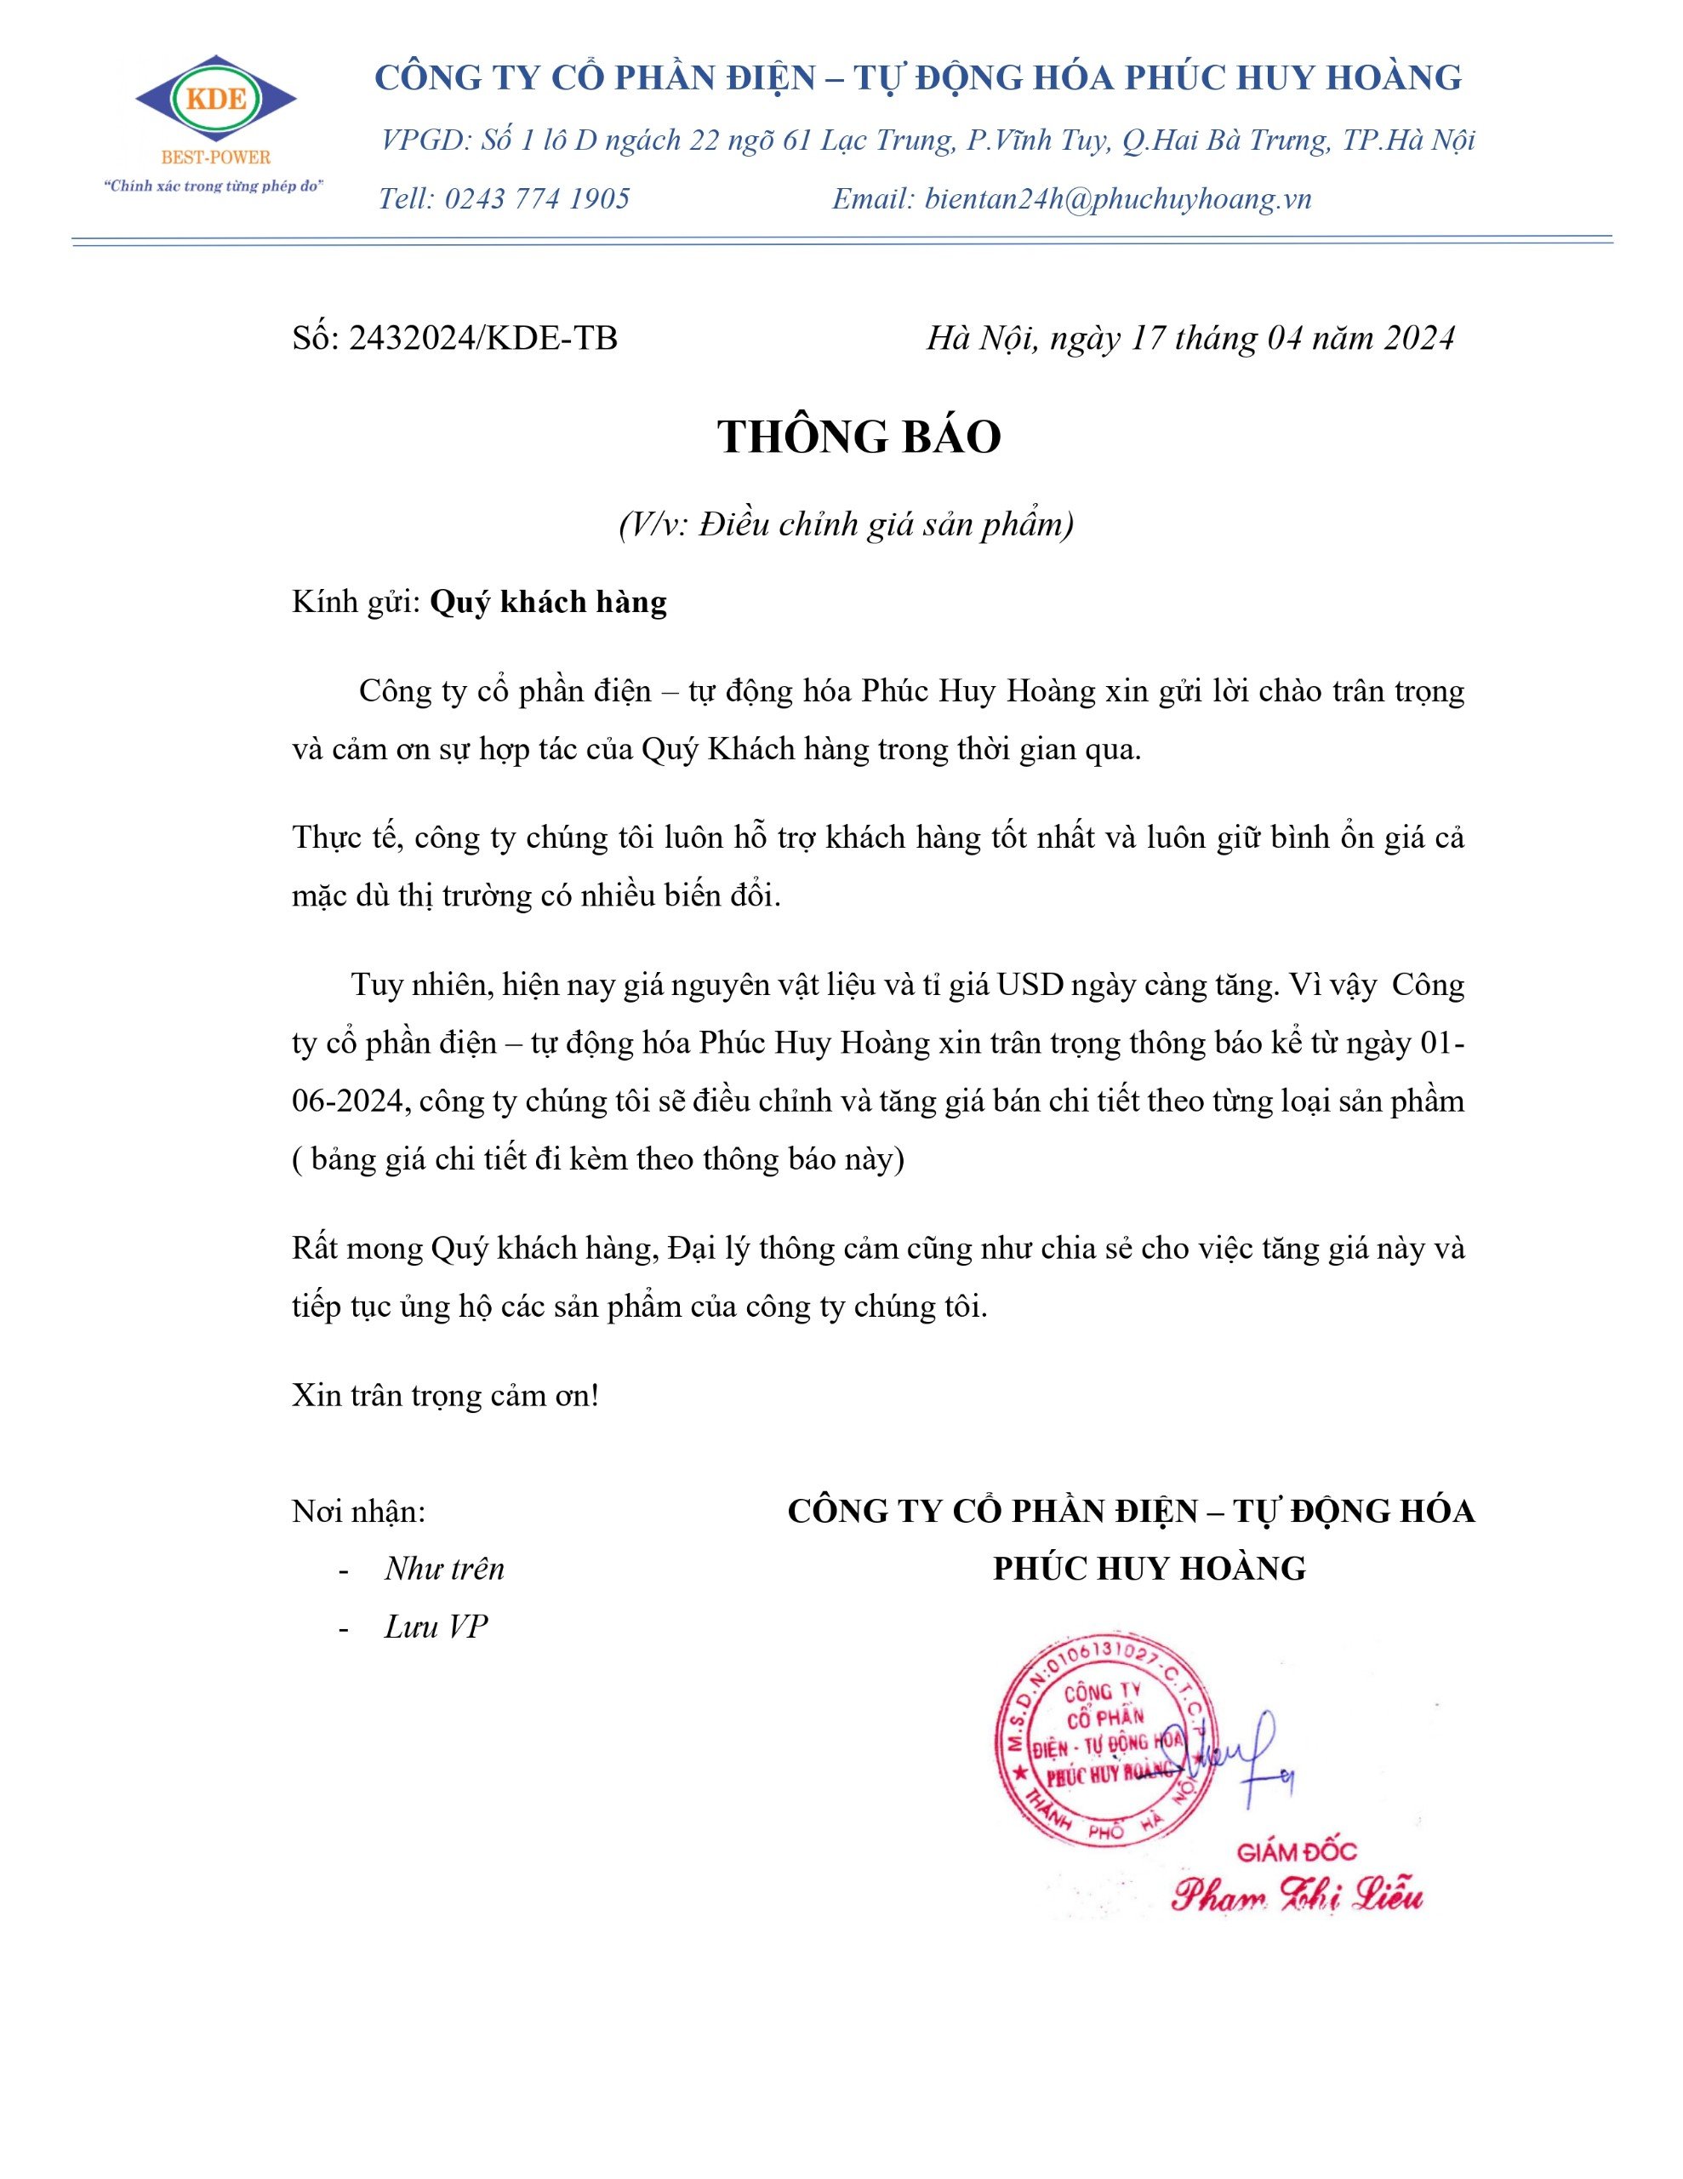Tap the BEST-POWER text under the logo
(215, 157)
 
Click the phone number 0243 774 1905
(537, 198)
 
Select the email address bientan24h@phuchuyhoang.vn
(1117, 198)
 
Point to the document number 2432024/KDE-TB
(482, 338)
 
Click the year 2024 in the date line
(1418, 338)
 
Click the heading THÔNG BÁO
(859, 437)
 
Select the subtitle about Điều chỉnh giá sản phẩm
(846, 523)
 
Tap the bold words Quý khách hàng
(548, 602)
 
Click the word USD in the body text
(1030, 985)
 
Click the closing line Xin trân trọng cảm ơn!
(445, 1395)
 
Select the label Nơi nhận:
(358, 1512)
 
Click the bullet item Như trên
(444, 1570)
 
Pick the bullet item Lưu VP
(436, 1627)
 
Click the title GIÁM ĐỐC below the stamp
(1297, 1853)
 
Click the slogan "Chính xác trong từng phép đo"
(215, 186)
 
